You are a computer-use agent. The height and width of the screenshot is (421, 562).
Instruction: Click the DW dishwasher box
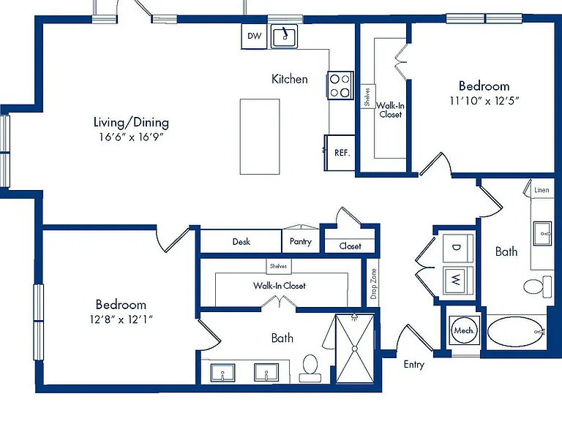254,36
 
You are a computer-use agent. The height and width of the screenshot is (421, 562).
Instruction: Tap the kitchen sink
284,36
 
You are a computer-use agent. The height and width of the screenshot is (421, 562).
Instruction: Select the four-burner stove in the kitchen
340,86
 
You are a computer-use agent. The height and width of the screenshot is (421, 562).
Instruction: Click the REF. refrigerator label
342,153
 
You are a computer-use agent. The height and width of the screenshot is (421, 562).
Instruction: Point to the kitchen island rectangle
260,137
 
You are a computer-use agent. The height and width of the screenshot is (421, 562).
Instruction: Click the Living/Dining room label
131,123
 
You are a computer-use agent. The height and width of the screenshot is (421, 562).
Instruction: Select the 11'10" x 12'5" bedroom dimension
484,101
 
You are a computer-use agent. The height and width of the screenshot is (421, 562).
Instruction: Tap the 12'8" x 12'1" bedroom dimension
121,319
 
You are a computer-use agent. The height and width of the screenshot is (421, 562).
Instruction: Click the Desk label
241,242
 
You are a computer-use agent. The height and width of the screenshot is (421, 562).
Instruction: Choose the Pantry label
301,242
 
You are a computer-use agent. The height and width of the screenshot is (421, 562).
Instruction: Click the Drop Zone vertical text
373,284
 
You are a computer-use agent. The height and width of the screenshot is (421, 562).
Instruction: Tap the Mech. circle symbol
464,330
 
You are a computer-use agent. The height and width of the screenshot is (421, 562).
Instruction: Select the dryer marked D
457,248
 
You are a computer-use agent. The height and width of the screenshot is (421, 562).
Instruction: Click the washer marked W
457,280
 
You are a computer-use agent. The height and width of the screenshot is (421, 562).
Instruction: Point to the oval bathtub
516,332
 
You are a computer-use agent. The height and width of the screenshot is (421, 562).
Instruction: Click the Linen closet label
542,190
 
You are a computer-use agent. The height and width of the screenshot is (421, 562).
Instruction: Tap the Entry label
414,365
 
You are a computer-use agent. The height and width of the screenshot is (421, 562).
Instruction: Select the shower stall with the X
354,349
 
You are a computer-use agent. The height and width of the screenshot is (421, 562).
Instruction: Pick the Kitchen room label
290,79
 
